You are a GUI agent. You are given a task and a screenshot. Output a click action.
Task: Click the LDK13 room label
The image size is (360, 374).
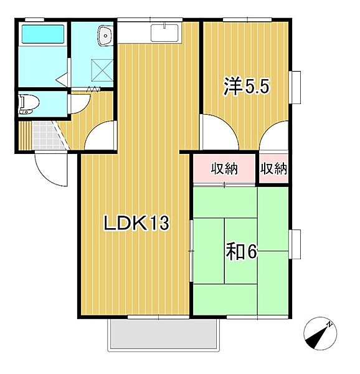coord(136,223)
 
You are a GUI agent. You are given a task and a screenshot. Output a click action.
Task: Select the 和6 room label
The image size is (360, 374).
coord(242,252)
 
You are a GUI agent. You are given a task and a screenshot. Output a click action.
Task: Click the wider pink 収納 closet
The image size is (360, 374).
coord(224,168)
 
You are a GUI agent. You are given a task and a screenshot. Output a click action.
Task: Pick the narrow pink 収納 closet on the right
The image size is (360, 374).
coord(274,168)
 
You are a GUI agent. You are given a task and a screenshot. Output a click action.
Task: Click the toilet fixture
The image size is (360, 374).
coord(26,104)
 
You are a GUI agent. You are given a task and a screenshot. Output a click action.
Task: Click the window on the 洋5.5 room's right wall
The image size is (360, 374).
coord(295,88)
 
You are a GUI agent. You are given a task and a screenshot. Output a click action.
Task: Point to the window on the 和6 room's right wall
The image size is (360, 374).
coord(295,245)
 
